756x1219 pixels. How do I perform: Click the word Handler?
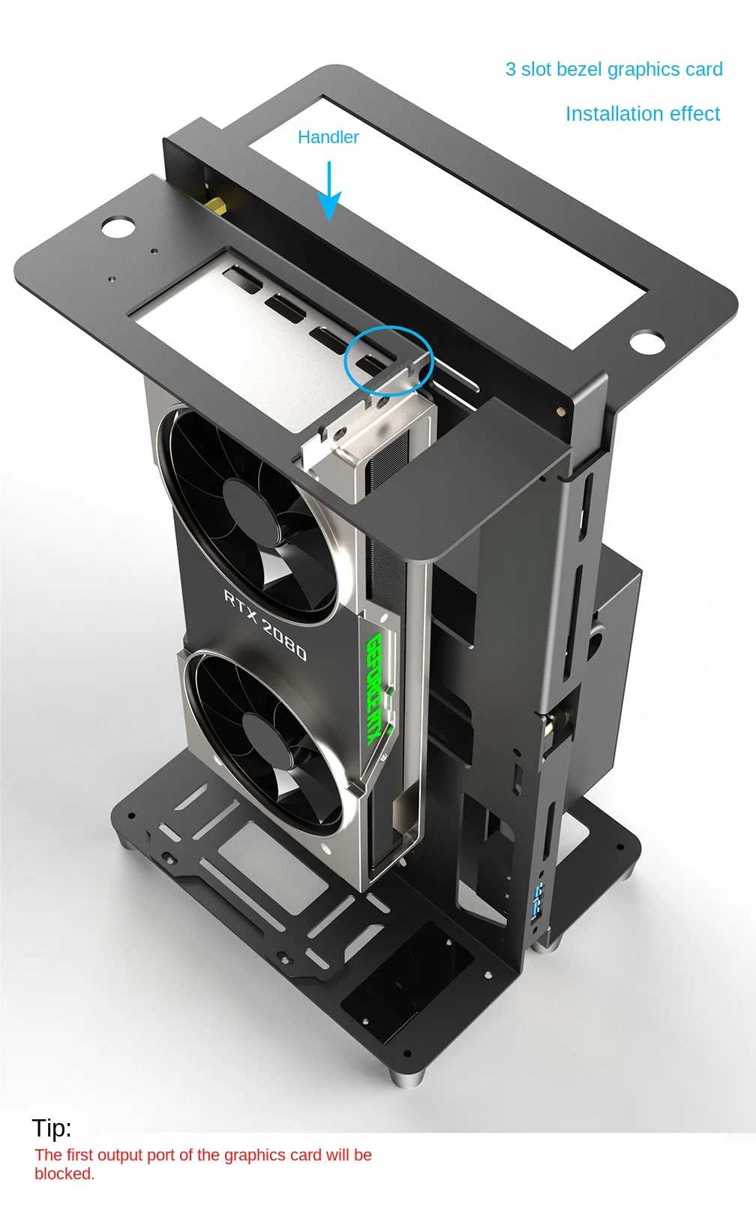coord(328,137)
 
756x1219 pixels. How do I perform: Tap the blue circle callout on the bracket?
coord(388,361)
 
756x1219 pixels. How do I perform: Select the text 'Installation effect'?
coord(642,114)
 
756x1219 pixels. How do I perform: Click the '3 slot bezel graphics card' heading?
coord(613,70)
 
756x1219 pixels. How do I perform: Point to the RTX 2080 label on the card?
coord(265,625)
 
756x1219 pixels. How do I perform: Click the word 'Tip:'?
coord(52,1128)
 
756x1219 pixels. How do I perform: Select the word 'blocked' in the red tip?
coord(63,1174)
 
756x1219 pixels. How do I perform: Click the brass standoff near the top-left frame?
coord(217,204)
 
